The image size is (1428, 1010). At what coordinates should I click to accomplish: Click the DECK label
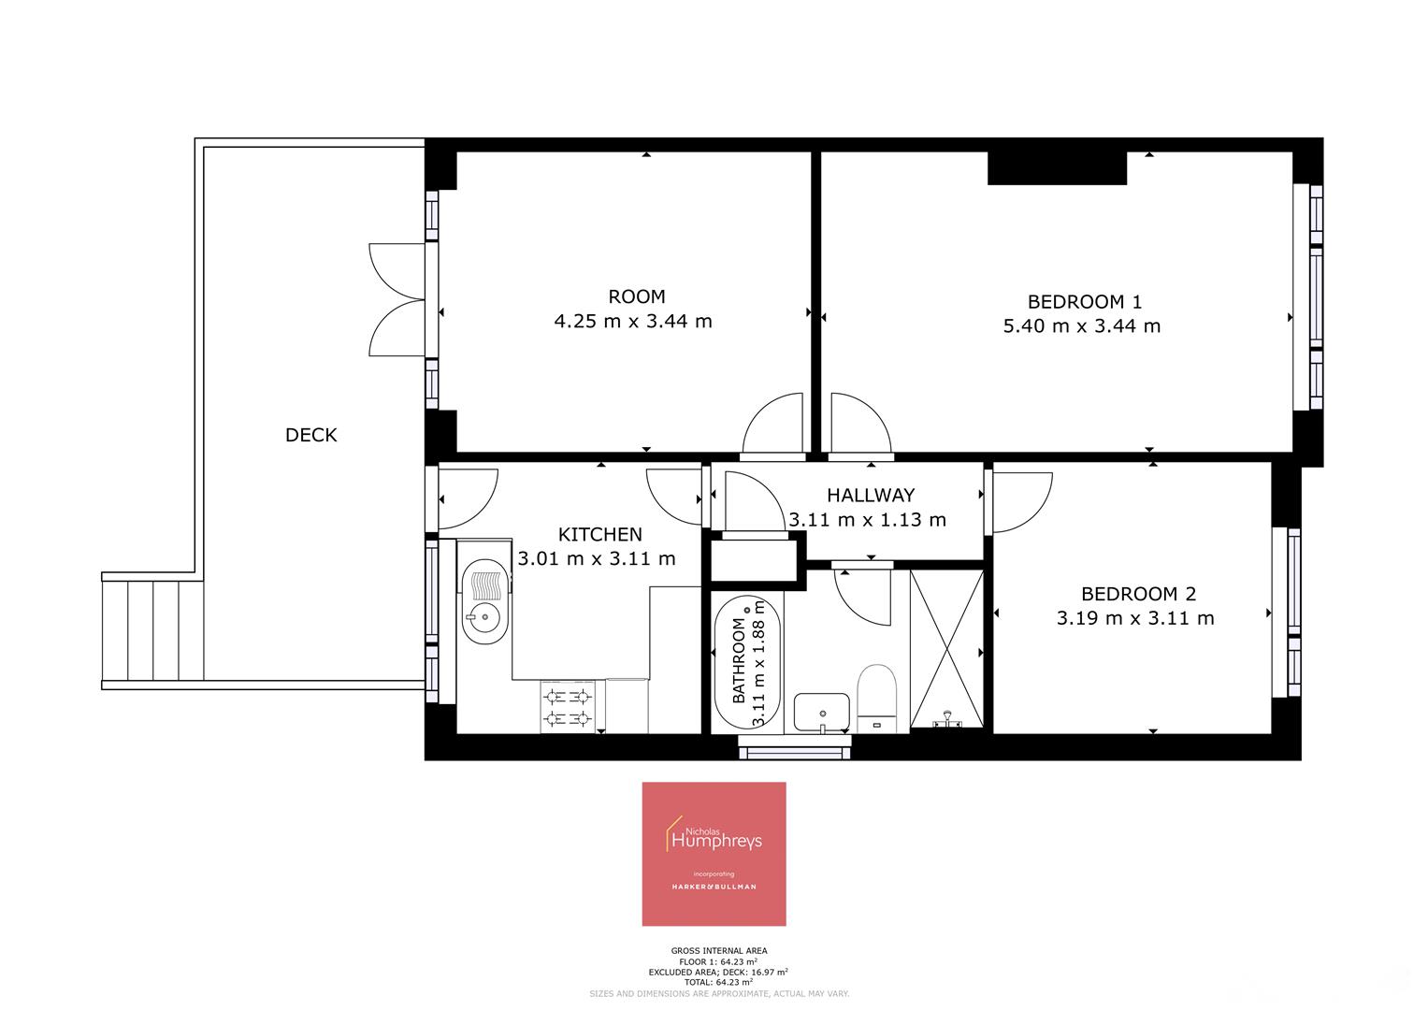tap(310, 435)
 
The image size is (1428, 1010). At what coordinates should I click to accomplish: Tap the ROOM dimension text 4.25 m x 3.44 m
tap(633, 322)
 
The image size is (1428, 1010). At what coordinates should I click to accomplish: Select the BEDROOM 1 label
tap(1084, 302)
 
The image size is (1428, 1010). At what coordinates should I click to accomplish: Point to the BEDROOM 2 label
tap(1137, 594)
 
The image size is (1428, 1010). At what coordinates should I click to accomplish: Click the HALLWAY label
tap(870, 496)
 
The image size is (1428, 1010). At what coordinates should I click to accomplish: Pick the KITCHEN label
tap(599, 535)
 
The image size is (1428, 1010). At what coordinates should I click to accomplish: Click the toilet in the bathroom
tap(876, 697)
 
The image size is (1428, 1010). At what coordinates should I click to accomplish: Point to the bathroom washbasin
tap(821, 713)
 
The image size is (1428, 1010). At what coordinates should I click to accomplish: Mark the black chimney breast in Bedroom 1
tap(1057, 168)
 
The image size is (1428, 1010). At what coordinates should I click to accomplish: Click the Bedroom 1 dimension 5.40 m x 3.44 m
tap(1081, 326)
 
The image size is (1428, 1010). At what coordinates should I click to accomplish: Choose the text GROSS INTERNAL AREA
tap(718, 951)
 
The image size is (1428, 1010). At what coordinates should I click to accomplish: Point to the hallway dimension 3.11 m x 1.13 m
tap(867, 520)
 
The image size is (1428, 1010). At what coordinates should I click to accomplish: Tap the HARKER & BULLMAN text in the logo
tap(714, 887)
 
